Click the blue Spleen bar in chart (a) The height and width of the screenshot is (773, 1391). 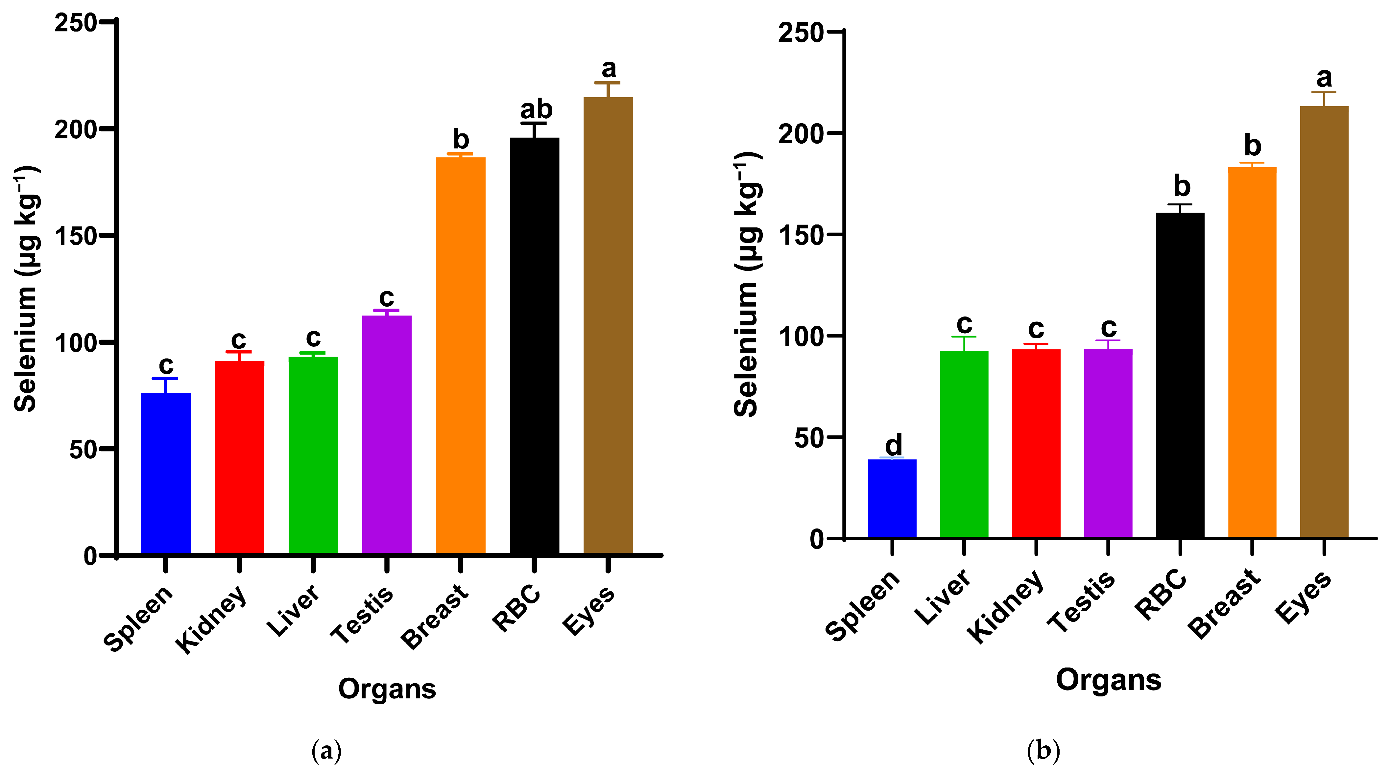point(165,473)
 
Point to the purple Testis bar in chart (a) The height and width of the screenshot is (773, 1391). point(387,434)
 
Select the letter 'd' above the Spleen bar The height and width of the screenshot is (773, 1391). point(893,445)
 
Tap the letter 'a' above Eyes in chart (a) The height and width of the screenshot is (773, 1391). point(609,69)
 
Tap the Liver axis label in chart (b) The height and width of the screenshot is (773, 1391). point(942,597)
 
